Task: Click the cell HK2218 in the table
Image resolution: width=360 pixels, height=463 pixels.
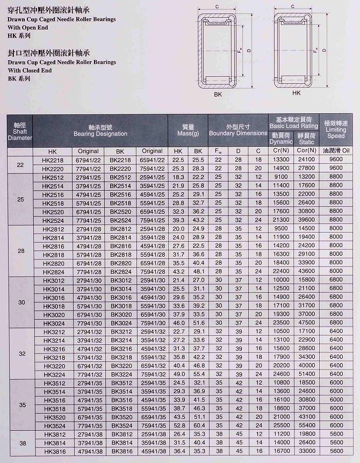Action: click(52, 160)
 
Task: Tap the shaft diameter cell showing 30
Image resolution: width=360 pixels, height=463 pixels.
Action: click(20, 302)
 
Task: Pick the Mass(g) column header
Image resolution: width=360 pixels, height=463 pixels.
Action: click(188, 129)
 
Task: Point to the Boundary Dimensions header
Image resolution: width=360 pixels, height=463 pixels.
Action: click(238, 129)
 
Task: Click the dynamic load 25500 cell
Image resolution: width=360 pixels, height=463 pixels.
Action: click(281, 425)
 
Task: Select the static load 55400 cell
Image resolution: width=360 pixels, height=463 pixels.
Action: click(306, 425)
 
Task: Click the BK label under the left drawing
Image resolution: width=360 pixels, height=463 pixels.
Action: click(218, 95)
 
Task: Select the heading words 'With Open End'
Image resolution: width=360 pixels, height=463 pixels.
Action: click(28, 27)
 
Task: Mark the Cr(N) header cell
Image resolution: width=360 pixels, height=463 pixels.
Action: click(281, 151)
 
